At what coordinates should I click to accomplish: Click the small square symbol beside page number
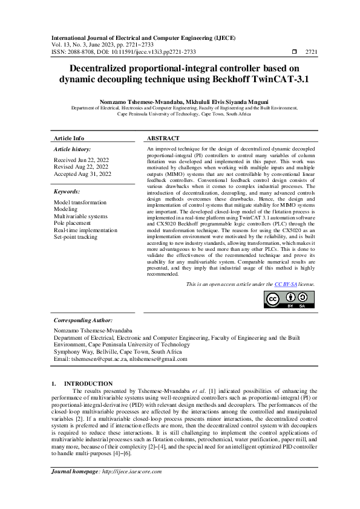point(294,52)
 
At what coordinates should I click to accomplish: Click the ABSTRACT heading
point(163,138)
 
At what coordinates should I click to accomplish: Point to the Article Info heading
point(69,138)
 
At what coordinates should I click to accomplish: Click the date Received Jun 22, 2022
point(82,160)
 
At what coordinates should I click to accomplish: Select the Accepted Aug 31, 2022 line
point(82,174)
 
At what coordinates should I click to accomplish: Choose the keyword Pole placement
point(76,223)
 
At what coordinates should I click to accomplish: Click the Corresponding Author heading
point(83,320)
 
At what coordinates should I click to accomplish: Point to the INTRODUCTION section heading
point(88,383)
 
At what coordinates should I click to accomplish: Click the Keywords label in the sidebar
point(67,192)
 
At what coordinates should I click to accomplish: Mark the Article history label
point(73,149)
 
